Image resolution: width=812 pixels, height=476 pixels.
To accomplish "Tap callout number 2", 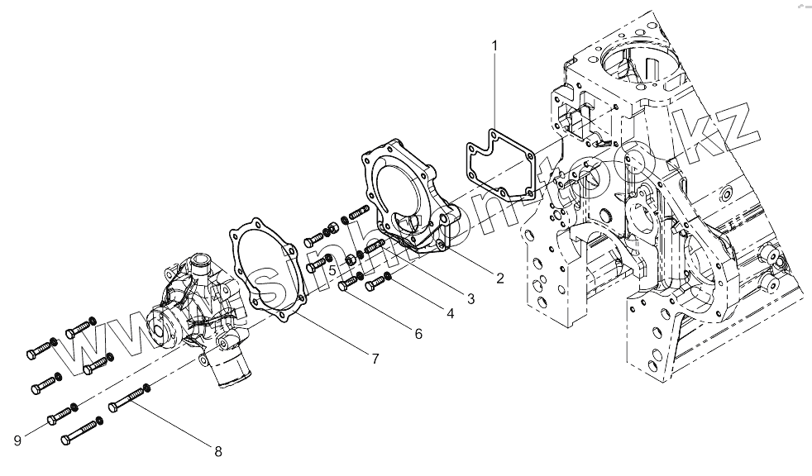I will (x=500, y=278).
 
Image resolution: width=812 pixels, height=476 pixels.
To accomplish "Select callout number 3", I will (x=470, y=297).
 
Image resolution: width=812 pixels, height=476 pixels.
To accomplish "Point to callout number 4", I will (x=451, y=313).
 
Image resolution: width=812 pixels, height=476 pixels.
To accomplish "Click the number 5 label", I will (x=331, y=269).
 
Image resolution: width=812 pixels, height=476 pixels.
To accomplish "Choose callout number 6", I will (x=418, y=334).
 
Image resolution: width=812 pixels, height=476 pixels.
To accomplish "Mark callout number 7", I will (x=375, y=359).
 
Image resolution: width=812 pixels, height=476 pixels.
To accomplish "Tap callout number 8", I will (x=218, y=451).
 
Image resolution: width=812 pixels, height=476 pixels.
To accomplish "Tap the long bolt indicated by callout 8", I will (x=128, y=402).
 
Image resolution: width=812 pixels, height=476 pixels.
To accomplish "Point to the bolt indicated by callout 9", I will (x=63, y=416).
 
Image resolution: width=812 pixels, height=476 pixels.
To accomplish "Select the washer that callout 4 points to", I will (x=388, y=277).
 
